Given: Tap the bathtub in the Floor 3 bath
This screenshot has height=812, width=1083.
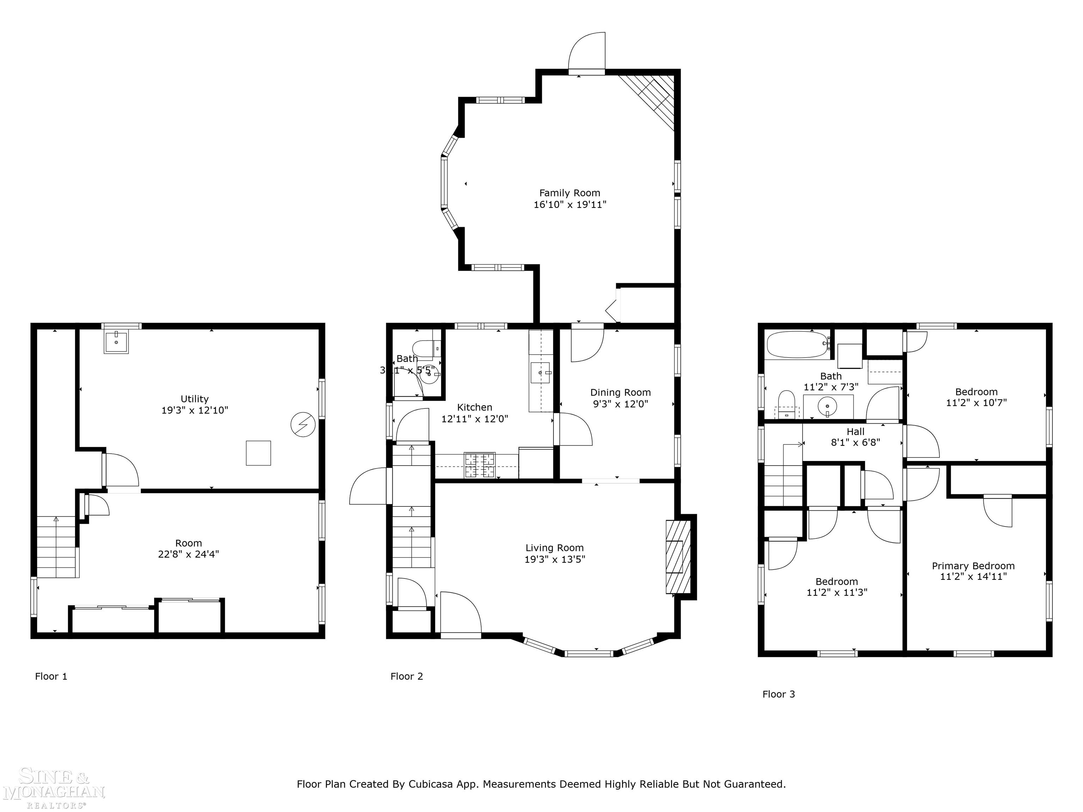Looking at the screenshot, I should point(797,345).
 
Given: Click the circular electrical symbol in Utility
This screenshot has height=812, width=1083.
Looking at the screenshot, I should point(302,424).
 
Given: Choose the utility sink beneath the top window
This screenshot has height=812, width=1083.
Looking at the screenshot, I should point(116,342).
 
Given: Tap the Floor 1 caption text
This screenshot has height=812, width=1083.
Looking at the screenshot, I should point(51,676).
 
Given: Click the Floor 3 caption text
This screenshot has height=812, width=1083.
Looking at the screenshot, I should point(778,694).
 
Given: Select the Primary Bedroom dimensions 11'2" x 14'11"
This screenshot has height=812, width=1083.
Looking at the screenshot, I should point(973,577).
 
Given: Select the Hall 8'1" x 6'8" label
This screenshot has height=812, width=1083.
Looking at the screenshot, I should point(855,437).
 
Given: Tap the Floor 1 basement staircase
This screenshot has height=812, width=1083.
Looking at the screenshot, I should point(57,547).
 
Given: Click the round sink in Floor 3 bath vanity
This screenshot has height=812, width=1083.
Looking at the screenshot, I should point(827,406).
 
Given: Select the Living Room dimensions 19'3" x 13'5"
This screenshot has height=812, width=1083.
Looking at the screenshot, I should point(555,559).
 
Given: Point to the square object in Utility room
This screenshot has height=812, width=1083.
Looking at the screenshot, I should point(258,453).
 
